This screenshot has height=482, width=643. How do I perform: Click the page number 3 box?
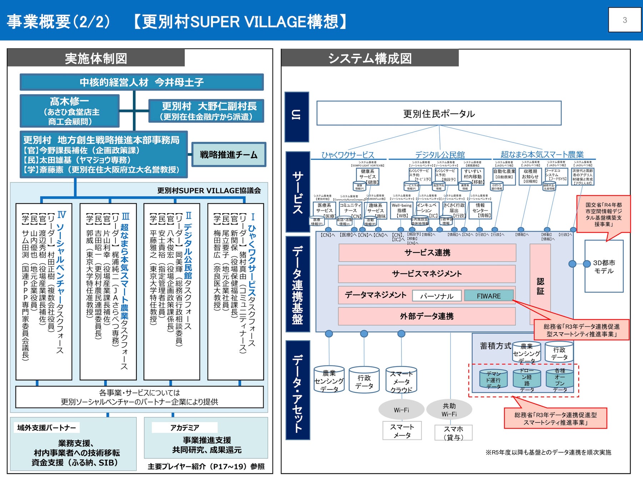624,20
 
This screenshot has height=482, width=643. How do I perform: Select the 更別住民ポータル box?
439,114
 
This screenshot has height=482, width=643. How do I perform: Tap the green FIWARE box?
489,296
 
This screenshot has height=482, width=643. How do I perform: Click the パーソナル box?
437,296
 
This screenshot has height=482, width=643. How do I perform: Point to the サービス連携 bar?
427,253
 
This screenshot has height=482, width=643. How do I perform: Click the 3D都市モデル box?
604,266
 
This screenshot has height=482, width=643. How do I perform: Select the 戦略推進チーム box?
229,155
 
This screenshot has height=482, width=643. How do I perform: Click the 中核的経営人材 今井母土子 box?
141,82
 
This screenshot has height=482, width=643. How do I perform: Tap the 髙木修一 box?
70,111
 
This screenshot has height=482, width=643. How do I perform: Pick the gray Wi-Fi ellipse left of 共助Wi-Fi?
401,410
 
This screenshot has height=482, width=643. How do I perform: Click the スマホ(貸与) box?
453,433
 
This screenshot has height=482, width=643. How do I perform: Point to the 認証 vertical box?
540,286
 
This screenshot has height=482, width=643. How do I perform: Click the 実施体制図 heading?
96,58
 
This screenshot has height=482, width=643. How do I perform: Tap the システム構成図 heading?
370,58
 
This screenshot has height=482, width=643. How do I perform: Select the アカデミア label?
184,427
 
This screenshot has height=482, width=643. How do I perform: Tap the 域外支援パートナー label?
47,427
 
